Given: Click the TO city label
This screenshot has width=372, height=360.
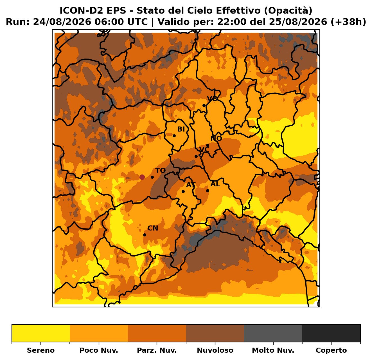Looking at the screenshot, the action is click(160, 170).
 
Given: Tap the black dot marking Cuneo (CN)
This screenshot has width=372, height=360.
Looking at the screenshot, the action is click(145, 235).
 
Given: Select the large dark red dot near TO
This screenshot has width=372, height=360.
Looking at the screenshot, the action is click(142, 177).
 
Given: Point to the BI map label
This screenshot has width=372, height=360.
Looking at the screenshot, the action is click(181, 129).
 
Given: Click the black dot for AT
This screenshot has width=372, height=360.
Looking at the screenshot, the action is click(183, 191).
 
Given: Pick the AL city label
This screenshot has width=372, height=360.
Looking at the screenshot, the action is click(215, 184).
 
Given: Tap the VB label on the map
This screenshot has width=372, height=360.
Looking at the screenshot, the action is click(212, 99).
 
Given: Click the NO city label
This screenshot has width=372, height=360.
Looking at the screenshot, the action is click(216, 138).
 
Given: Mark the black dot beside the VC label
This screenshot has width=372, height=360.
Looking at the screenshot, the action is click(196, 156).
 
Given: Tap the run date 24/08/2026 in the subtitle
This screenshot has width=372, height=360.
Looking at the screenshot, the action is click(62, 22).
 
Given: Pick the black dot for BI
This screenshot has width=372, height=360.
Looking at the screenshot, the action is click(174, 136).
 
